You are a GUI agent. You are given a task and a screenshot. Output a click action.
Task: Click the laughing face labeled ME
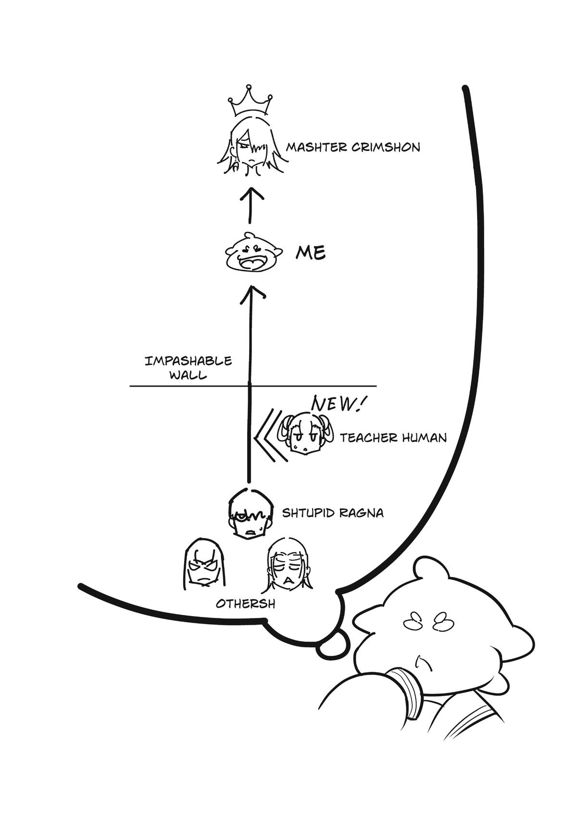252,253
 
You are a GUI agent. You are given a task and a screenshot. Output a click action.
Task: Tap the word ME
311,252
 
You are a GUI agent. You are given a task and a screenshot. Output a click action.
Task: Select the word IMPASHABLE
188,361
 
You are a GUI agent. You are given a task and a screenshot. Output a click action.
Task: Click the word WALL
188,375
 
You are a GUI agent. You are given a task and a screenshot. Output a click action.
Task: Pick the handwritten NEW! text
337,404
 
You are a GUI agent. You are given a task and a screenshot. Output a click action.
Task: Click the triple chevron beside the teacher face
270,435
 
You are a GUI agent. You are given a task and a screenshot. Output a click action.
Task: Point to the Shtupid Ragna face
249,514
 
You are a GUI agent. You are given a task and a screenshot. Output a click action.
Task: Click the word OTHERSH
245,603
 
